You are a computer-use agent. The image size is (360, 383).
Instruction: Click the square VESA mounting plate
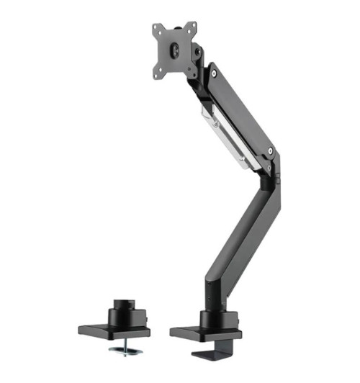176,49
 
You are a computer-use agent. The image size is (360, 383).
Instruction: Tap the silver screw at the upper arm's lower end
269,152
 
